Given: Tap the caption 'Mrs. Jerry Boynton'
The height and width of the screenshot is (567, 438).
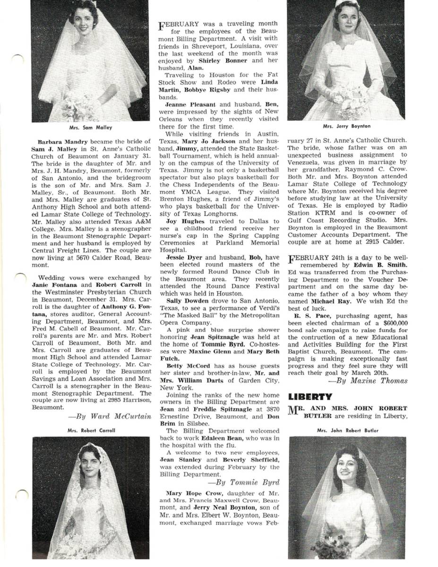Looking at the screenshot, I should coord(346,126).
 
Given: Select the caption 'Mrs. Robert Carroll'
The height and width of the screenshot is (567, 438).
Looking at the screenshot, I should coord(91,430).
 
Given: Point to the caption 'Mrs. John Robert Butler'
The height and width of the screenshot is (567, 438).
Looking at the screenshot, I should coord(347,430).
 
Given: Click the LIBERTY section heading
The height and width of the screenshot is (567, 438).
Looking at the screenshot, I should coord(310,396).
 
